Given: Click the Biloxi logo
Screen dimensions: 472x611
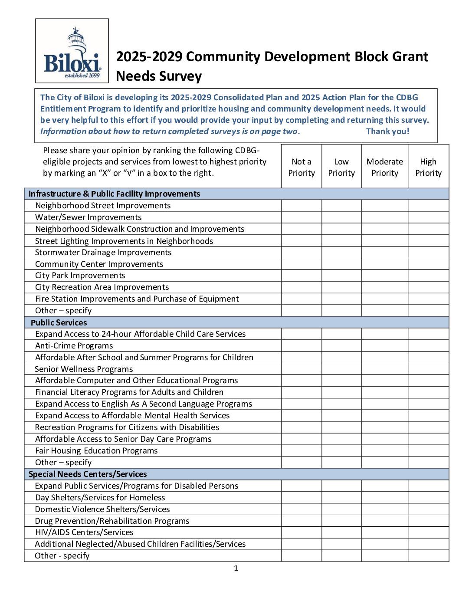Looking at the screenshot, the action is [x=72, y=51].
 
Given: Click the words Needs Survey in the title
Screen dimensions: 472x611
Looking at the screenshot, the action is [x=159, y=76].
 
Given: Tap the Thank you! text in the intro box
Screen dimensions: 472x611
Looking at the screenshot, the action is [x=387, y=131].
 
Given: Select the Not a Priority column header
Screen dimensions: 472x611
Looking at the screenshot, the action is [x=302, y=167].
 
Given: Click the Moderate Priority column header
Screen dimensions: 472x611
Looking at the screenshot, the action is [x=384, y=167].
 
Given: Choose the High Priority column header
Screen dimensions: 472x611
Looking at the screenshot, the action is [x=428, y=167].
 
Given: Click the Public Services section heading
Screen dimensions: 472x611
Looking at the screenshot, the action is [x=59, y=322].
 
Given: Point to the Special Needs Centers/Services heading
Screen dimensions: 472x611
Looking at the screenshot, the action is [x=88, y=474].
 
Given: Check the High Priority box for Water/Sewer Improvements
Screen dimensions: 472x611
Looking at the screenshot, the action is [x=428, y=217].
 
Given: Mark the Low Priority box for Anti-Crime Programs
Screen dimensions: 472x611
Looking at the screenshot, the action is [x=341, y=346].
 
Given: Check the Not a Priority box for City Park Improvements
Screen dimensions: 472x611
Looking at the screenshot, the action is [x=302, y=276].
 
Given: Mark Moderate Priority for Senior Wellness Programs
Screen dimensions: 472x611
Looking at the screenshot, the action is [x=384, y=369].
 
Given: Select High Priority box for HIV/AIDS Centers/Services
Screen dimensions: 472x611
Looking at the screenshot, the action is [x=428, y=532].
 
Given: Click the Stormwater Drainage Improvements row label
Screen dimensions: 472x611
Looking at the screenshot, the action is [x=103, y=253].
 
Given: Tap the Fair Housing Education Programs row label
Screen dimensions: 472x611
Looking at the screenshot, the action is [x=96, y=451].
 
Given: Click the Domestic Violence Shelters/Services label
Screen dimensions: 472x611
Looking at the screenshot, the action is [x=102, y=509].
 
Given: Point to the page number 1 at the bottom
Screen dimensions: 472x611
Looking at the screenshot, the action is [x=236, y=568].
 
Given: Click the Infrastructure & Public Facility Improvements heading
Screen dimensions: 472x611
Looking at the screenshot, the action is [x=114, y=194].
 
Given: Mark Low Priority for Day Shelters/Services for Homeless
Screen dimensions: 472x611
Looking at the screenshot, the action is [x=341, y=498].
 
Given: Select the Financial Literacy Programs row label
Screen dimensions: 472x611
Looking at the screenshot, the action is [x=129, y=392].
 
